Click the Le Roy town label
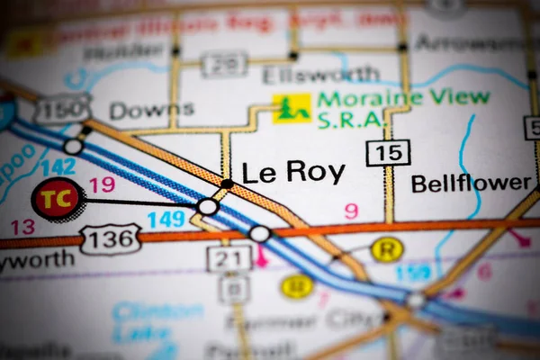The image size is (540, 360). click(x=293, y=172)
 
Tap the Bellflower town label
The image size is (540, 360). click(x=471, y=184)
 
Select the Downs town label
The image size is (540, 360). click(x=151, y=111)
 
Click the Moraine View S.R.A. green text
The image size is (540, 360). click(x=403, y=108)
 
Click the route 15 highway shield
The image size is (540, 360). click(x=388, y=152)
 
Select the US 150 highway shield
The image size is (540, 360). click(x=62, y=109)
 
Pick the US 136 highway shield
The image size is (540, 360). click(x=110, y=238)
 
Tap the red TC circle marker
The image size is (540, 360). click(x=58, y=200)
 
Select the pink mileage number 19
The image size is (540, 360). click(x=102, y=185)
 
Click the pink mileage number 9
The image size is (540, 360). click(x=351, y=211)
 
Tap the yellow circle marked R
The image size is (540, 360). click(x=387, y=249)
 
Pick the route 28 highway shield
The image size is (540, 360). click(x=224, y=64)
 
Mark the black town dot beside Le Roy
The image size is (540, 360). click(x=227, y=184)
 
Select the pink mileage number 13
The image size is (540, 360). click(x=22, y=226)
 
